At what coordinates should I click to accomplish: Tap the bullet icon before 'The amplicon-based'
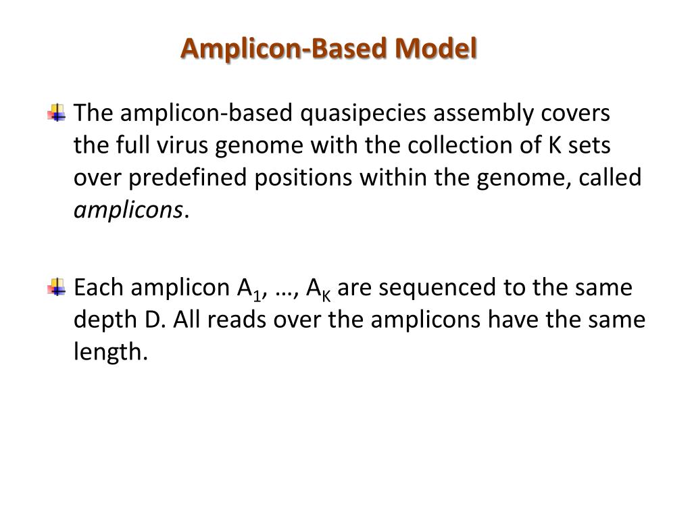coord(57,112)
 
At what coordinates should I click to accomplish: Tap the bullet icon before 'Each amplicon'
coord(57,287)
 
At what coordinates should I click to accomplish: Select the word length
coord(109,352)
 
